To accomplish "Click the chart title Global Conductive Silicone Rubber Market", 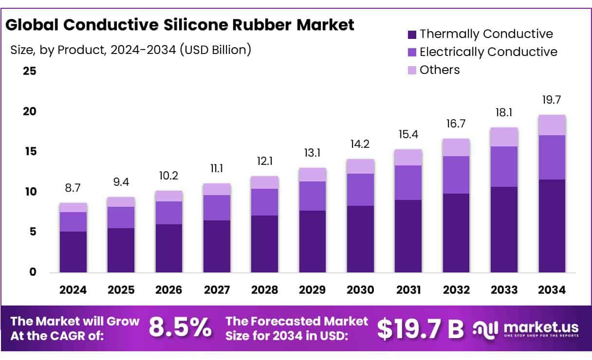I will point(180,25).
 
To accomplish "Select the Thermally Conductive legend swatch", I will point(411,34).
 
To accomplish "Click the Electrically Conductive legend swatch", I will point(411,52).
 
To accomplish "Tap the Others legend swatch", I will point(411,70).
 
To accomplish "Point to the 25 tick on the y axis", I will point(30,71).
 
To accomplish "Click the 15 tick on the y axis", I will point(30,152).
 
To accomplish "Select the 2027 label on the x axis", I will point(217,290).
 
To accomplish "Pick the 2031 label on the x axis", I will point(408,290).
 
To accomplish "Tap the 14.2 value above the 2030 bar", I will point(360,144).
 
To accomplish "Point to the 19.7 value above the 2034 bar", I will point(552,100).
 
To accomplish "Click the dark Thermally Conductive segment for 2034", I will point(552,226).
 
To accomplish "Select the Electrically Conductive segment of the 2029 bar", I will point(313,196).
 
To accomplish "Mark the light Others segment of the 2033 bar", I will point(504,137).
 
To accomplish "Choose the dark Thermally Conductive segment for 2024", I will point(73,252).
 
